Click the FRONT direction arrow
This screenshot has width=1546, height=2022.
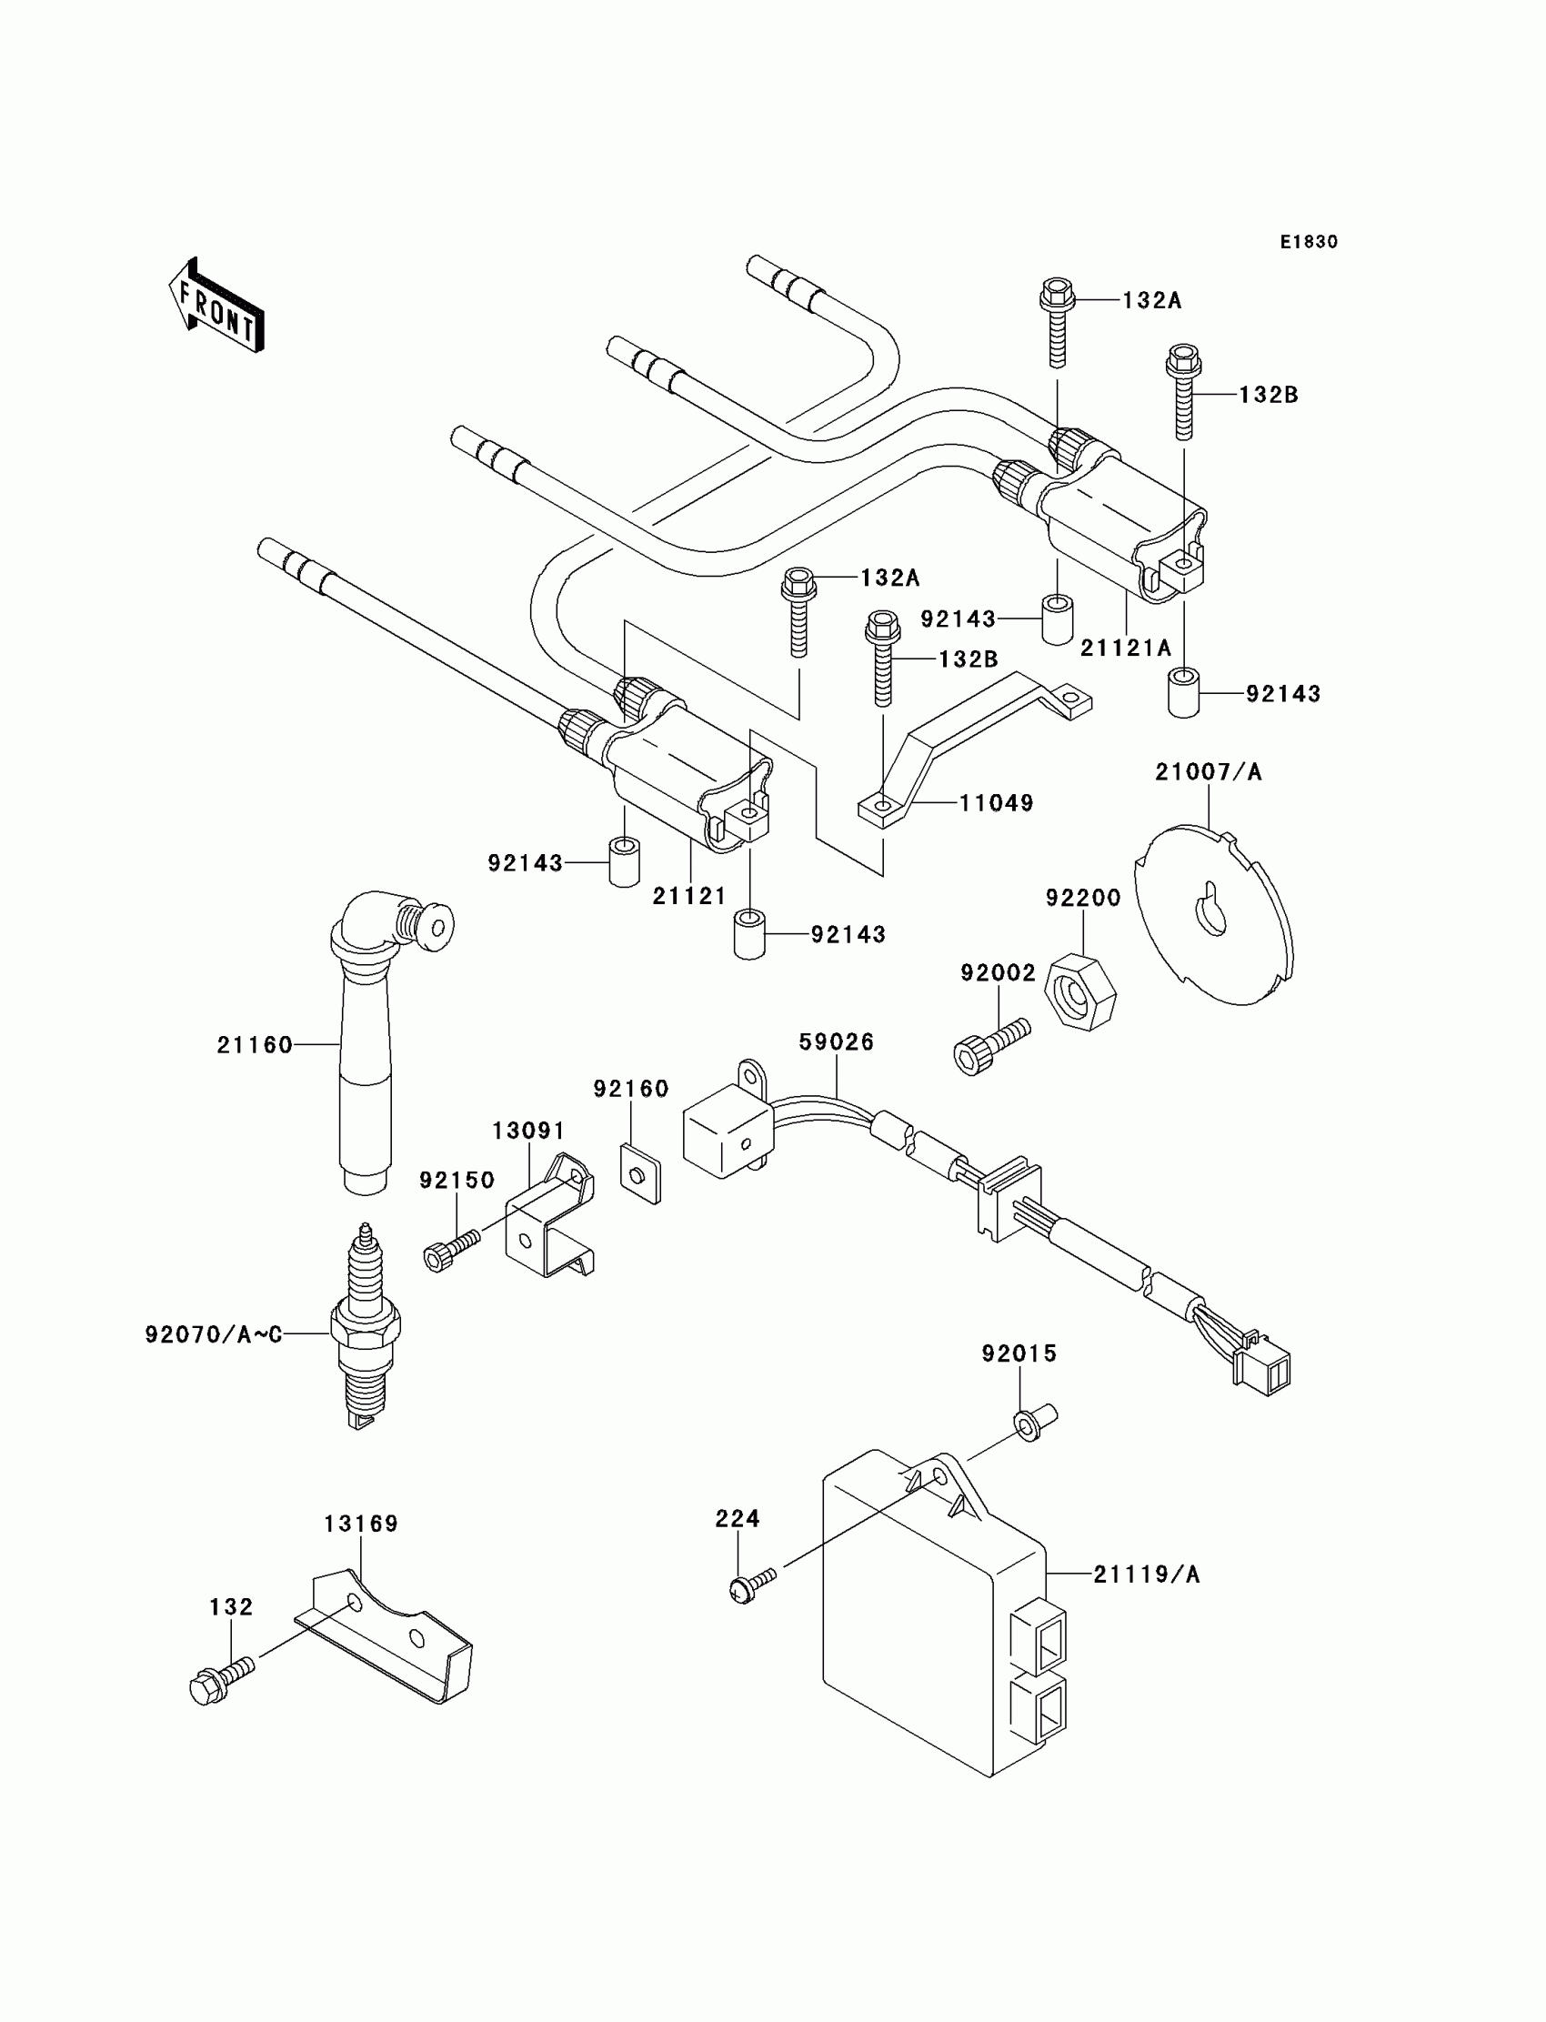click(x=216, y=307)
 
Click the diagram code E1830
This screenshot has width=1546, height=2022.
click(x=1309, y=242)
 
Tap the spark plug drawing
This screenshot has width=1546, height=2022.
click(x=366, y=1326)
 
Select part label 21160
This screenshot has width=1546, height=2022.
click(x=255, y=1044)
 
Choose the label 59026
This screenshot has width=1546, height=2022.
click(x=837, y=1041)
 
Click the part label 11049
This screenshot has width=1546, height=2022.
click(x=997, y=802)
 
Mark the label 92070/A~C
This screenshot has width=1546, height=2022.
click(x=214, y=1334)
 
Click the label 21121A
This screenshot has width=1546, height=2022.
click(x=1126, y=648)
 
